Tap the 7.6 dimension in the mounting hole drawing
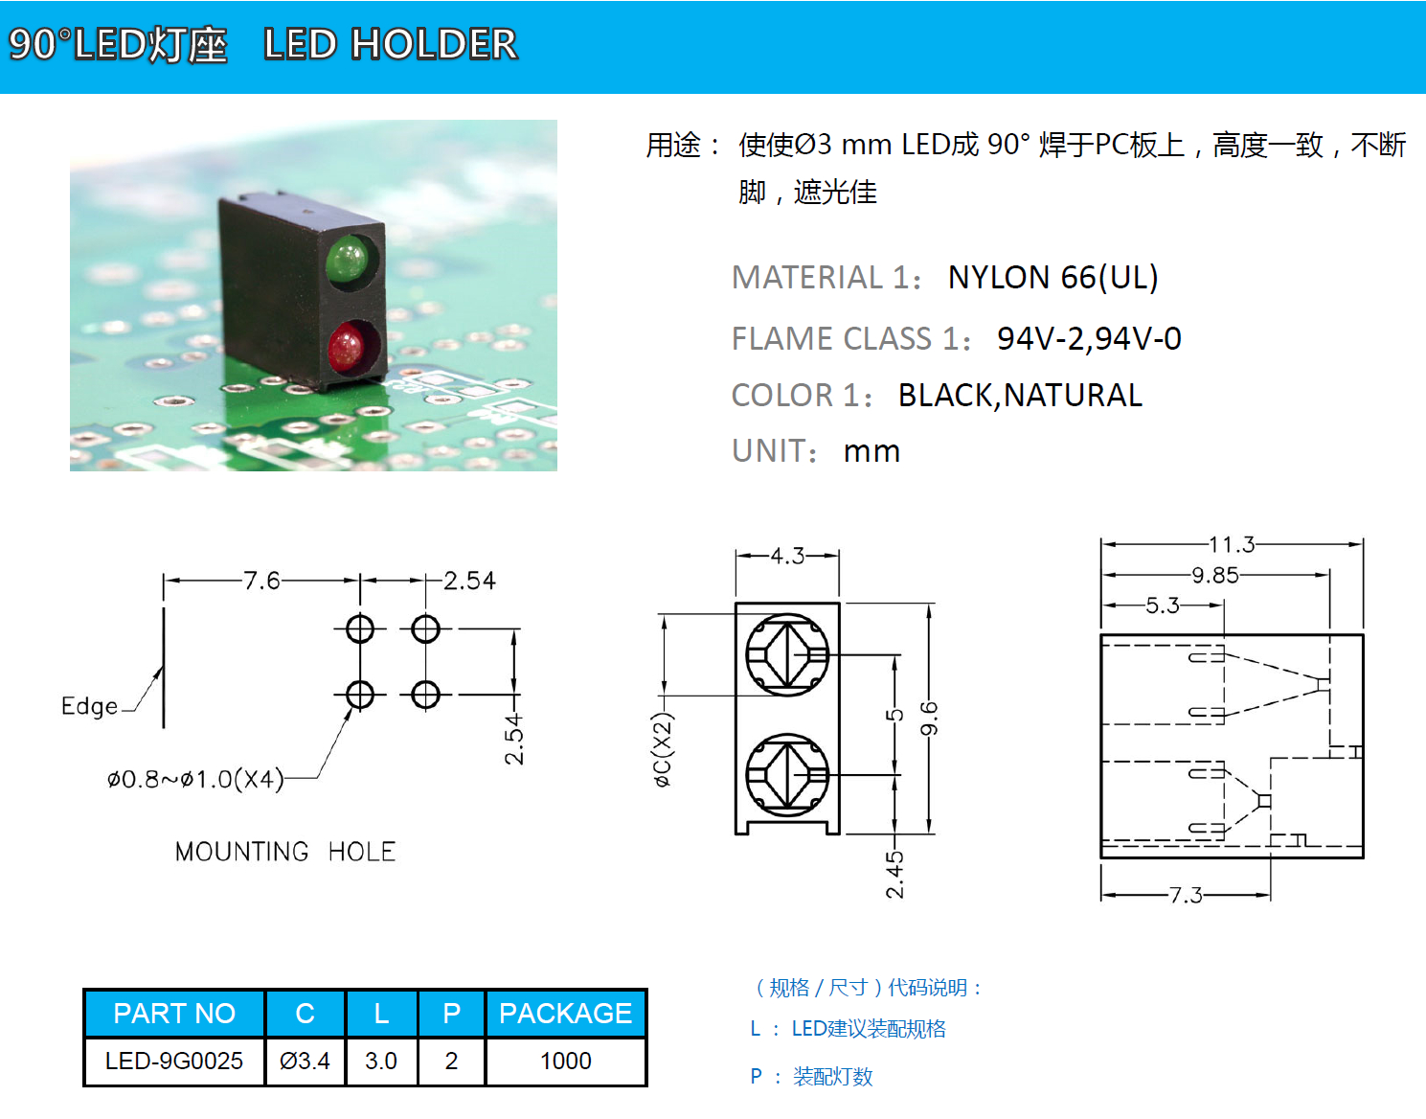pyautogui.click(x=261, y=581)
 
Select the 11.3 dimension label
pyautogui.click(x=1231, y=544)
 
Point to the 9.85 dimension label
pyautogui.click(x=1214, y=575)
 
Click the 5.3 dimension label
pyautogui.click(x=1163, y=605)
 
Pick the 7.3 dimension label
pyautogui.click(x=1186, y=895)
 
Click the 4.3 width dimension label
pyautogui.click(x=787, y=556)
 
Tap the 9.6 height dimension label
pyautogui.click(x=929, y=719)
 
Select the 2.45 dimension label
pyautogui.click(x=894, y=874)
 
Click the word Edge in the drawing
pyautogui.click(x=89, y=706)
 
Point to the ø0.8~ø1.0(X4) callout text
pyautogui.click(x=195, y=779)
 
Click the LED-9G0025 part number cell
pyautogui.click(x=174, y=1060)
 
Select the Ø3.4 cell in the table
pyautogui.click(x=305, y=1060)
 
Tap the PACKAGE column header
pyautogui.click(x=565, y=1013)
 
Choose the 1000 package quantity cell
pyautogui.click(x=565, y=1060)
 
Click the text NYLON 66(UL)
pyautogui.click(x=1053, y=277)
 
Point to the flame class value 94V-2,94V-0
pyautogui.click(x=1089, y=338)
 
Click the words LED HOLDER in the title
pyautogui.click(x=391, y=44)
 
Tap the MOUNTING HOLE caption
pyautogui.click(x=284, y=852)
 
